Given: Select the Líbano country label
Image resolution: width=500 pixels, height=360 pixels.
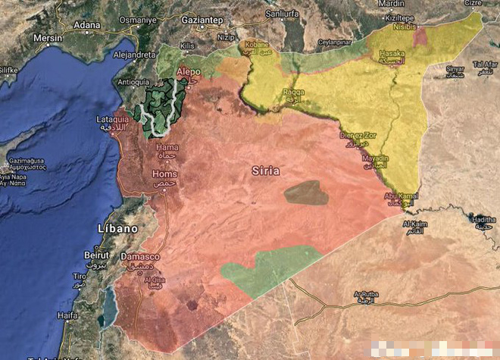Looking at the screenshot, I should (117, 228).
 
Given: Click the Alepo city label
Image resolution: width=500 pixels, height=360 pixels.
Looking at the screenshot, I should (188, 71).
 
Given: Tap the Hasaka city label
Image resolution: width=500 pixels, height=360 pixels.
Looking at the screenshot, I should (392, 55).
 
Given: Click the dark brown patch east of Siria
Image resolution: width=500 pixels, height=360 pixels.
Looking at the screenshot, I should (306, 193).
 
